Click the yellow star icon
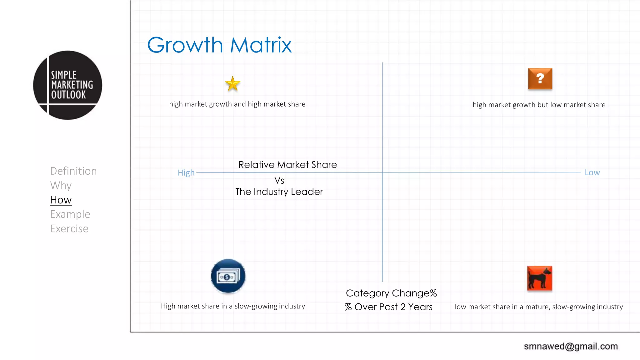pyautogui.click(x=232, y=84)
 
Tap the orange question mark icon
pyautogui.click(x=540, y=79)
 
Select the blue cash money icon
pyautogui.click(x=228, y=276)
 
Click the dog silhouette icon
pyautogui.click(x=539, y=278)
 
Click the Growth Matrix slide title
pyautogui.click(x=219, y=45)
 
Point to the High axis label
pyautogui.click(x=186, y=173)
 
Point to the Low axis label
pyautogui.click(x=592, y=172)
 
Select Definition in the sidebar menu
pyautogui.click(x=73, y=171)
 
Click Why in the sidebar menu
pyautogui.click(x=61, y=185)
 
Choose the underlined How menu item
pyautogui.click(x=61, y=200)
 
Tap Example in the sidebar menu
pyautogui.click(x=70, y=214)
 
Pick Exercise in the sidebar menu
pyautogui.click(x=69, y=229)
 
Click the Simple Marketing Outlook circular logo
pyautogui.click(x=67, y=85)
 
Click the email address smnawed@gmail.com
pyautogui.click(x=571, y=346)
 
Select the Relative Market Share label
pyautogui.click(x=287, y=165)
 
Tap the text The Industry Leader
pyautogui.click(x=279, y=192)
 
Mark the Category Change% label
pyautogui.click(x=391, y=293)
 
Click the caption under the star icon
pyautogui.click(x=237, y=104)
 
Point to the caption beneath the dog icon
pyautogui.click(x=539, y=307)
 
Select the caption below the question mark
pyautogui.click(x=539, y=105)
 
